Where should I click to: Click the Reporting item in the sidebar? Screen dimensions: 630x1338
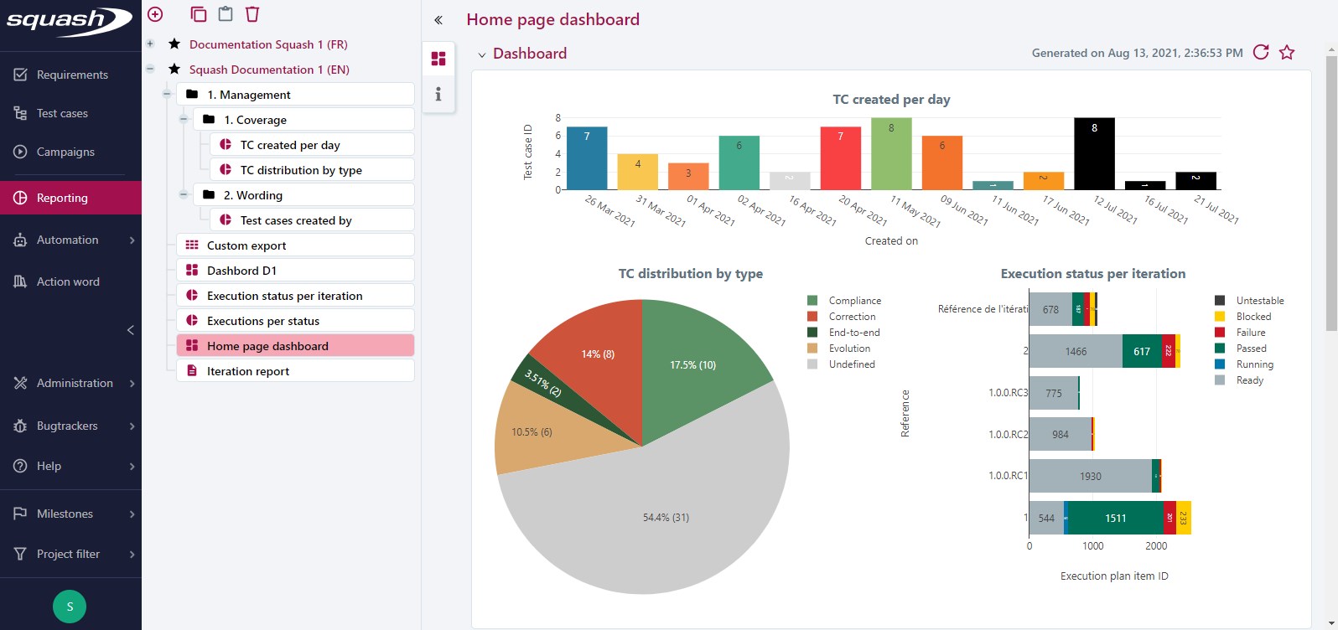(62, 198)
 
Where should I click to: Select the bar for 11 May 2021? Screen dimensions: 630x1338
(891, 156)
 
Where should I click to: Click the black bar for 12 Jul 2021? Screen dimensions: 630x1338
(1094, 155)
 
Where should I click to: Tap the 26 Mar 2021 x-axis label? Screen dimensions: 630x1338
(610, 211)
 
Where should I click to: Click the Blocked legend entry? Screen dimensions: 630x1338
(1252, 317)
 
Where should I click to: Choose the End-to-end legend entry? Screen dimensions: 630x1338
(853, 333)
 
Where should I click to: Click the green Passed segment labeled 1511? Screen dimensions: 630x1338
(1115, 518)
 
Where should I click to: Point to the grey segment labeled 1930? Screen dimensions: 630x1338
(1090, 476)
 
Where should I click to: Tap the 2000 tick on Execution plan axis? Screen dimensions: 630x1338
(1156, 546)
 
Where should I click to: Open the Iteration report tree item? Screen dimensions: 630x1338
(248, 371)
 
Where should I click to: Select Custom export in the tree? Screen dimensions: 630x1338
(246, 245)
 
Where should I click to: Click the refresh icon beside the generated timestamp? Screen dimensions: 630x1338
(1260, 52)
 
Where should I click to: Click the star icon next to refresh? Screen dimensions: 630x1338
(1287, 53)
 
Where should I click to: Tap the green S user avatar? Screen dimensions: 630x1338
(70, 607)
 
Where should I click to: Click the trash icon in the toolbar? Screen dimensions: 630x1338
(252, 14)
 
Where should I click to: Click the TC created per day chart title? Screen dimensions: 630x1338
(891, 99)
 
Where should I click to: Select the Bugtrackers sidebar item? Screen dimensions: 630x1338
(67, 426)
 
